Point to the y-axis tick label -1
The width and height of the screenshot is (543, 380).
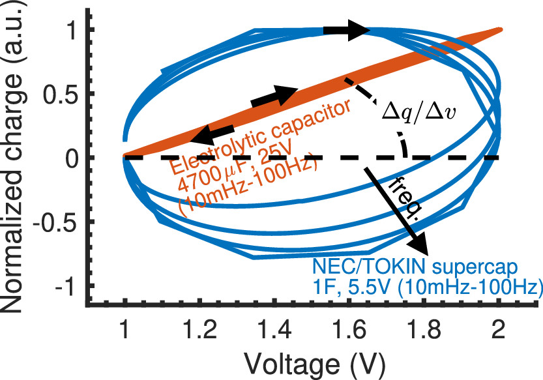click(x=68, y=287)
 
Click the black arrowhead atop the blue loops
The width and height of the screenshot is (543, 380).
click(x=359, y=29)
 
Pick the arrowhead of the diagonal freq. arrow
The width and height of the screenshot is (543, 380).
click(x=420, y=247)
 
